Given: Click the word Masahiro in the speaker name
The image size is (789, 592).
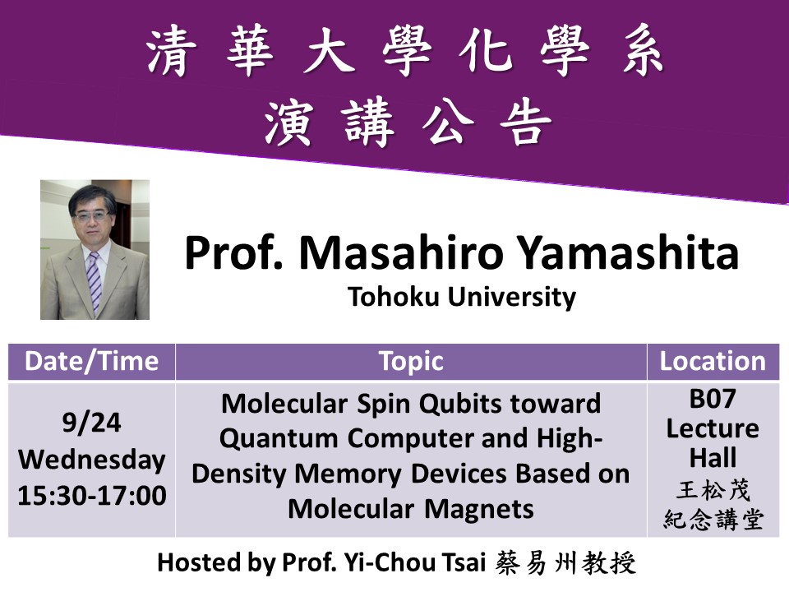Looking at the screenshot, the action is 401,252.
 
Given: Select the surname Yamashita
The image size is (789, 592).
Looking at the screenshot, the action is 628,252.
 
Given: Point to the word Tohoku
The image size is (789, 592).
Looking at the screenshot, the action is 394,296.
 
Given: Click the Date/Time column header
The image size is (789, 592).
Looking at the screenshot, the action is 91,362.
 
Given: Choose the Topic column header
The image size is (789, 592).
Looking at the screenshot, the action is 411,363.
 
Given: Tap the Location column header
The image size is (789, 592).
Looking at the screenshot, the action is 713,362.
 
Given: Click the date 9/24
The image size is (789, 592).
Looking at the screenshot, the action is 91,423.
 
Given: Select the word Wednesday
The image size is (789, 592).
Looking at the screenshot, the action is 91,460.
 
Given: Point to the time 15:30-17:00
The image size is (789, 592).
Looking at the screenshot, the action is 91,495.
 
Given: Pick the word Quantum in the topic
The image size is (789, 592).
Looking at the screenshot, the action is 279,438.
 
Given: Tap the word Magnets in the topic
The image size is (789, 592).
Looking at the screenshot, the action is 479,509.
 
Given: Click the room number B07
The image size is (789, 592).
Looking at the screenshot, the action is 713,400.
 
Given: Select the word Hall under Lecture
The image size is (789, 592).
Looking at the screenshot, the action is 713,458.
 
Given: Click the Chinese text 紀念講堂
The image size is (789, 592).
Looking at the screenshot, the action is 713,520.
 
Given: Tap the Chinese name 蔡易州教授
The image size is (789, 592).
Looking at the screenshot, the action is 565,562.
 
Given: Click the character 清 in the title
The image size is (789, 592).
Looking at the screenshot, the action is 171,52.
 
